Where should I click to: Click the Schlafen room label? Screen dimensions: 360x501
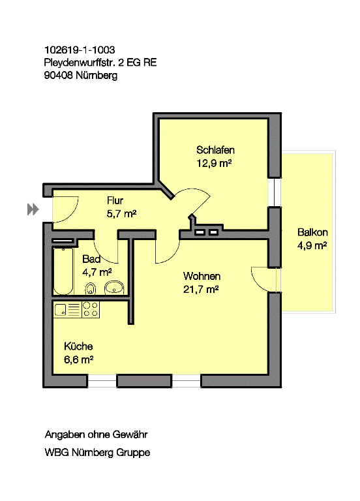click(x=215, y=150)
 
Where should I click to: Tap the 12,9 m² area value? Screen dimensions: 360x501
click(x=214, y=163)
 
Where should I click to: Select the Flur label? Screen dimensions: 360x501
click(x=115, y=201)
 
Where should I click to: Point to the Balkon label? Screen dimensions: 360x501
click(x=312, y=232)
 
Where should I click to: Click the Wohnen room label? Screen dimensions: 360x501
click(x=202, y=276)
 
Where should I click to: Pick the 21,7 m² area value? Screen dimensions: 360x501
click(x=201, y=290)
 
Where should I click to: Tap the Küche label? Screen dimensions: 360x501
click(x=78, y=346)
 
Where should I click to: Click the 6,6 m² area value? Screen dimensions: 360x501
click(x=78, y=360)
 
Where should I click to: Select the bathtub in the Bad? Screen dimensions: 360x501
click(x=63, y=271)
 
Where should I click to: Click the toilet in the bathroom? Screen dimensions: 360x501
click(x=91, y=288)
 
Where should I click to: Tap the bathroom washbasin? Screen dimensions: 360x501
click(x=114, y=288)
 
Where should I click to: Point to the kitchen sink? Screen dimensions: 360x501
click(x=60, y=310)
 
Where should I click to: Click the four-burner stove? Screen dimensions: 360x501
click(x=91, y=309)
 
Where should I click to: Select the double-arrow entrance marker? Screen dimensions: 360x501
click(x=33, y=209)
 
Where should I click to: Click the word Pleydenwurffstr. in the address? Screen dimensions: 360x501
click(x=80, y=63)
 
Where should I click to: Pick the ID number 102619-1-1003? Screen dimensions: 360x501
click(x=80, y=50)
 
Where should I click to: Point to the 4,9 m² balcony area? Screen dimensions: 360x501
click(x=312, y=246)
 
